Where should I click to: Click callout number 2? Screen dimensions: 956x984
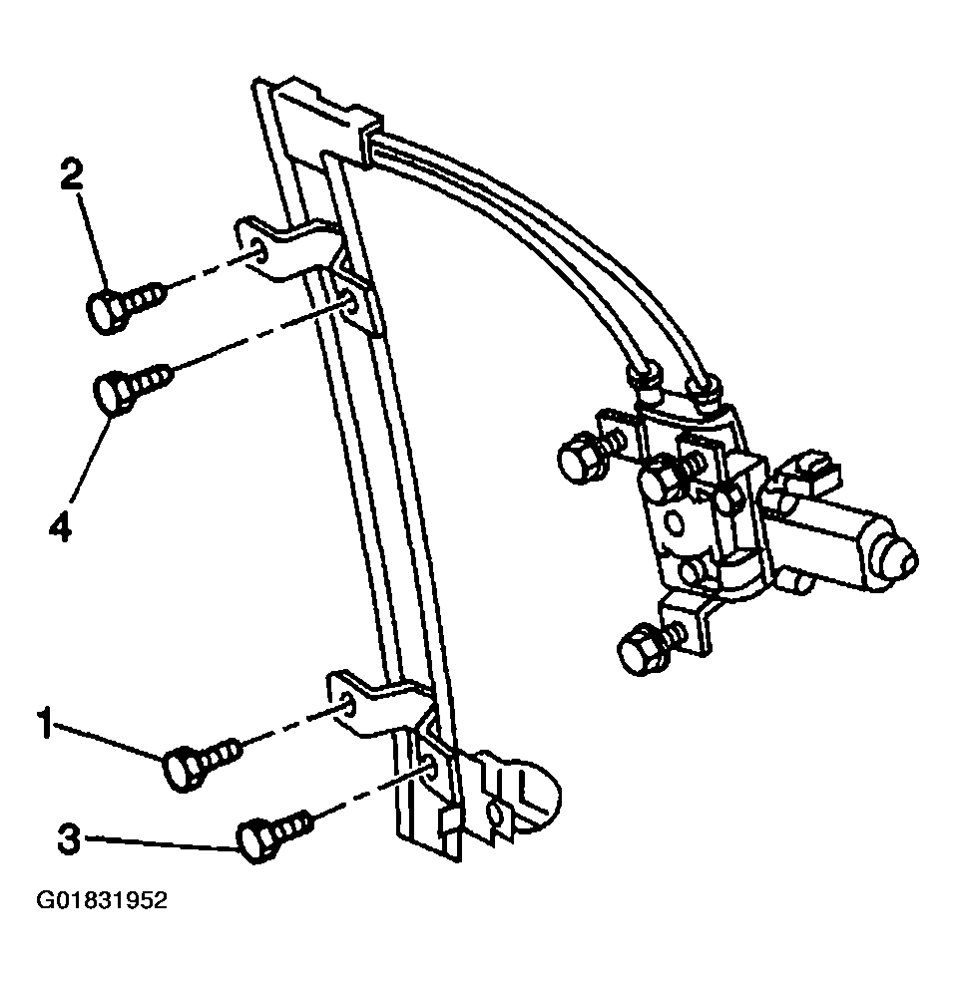[72, 174]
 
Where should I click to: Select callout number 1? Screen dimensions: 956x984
[44, 724]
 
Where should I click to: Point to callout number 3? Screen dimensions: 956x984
[69, 838]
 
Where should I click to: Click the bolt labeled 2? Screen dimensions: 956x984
[125, 307]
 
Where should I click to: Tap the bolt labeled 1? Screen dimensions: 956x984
[201, 762]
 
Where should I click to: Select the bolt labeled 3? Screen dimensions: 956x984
[273, 836]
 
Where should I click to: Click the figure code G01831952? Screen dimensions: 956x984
[103, 900]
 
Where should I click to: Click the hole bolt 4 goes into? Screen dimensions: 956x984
[350, 304]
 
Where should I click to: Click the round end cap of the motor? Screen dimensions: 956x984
[897, 553]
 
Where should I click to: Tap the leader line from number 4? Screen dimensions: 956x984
[93, 457]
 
